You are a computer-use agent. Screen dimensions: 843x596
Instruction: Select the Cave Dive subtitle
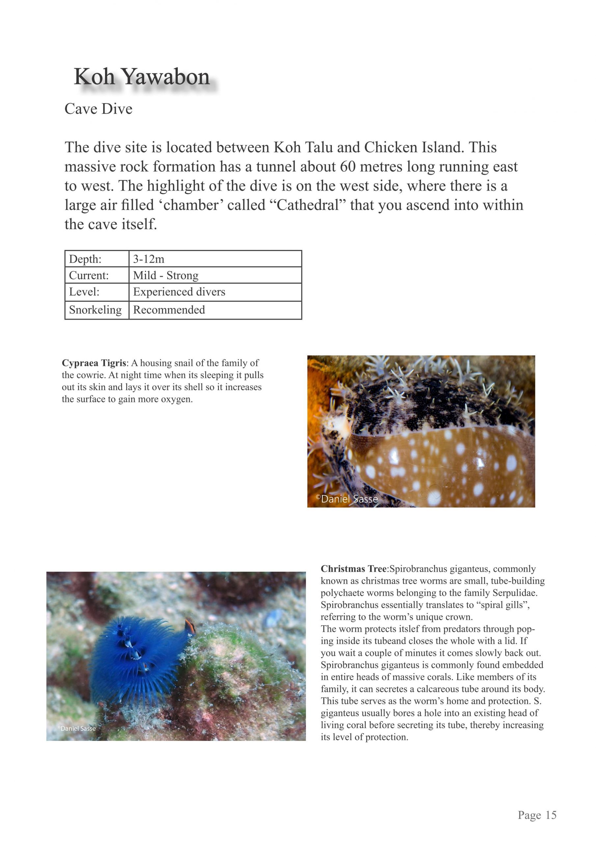(x=98, y=109)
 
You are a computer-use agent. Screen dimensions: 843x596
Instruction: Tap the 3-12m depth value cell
(x=149, y=259)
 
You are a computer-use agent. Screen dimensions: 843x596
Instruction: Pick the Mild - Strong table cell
(x=166, y=275)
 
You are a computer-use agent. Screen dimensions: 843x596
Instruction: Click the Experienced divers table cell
(x=179, y=292)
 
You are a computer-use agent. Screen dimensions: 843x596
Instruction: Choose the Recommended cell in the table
(x=169, y=310)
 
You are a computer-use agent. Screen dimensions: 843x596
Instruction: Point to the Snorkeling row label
(x=95, y=310)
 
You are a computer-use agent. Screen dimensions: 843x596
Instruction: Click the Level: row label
(x=84, y=292)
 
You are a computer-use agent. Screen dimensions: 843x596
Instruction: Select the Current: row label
(x=89, y=275)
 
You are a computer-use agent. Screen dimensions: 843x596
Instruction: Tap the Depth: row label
(x=85, y=259)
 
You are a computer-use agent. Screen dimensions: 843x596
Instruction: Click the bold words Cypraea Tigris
(x=94, y=363)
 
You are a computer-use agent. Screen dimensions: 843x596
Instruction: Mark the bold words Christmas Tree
(x=353, y=569)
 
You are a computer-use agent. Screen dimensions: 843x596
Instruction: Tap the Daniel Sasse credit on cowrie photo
(x=347, y=499)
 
